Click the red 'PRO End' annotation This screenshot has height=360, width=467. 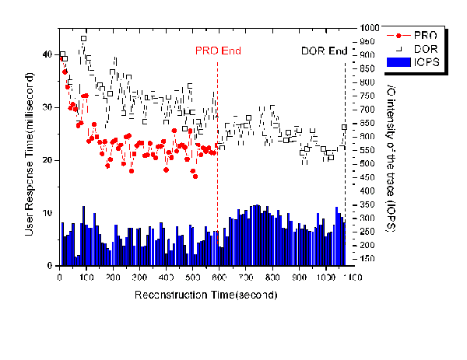point(218,51)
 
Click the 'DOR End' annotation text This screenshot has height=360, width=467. point(324,51)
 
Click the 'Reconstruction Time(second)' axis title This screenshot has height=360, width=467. point(206,295)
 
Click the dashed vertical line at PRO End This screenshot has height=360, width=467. point(217,194)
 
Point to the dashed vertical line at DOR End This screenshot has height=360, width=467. point(345,194)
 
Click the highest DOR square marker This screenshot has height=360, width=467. point(83,38)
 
